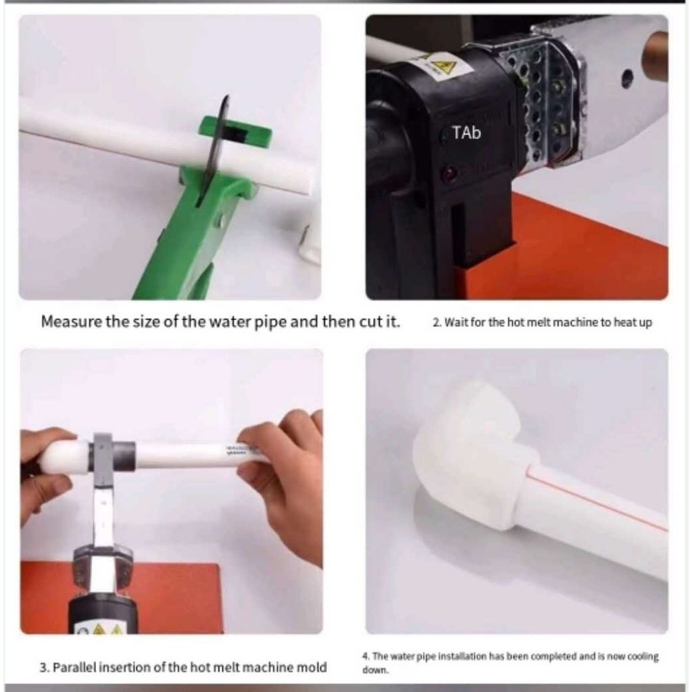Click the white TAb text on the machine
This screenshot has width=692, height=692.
(x=466, y=132)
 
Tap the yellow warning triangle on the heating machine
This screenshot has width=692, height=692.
(x=442, y=67)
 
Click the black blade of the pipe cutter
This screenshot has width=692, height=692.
(x=213, y=150)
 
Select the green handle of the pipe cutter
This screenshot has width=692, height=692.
(x=176, y=247)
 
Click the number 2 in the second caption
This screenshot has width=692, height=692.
(x=436, y=322)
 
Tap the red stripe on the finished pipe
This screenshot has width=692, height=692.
(x=596, y=499)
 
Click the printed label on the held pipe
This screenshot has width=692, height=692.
(x=241, y=449)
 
